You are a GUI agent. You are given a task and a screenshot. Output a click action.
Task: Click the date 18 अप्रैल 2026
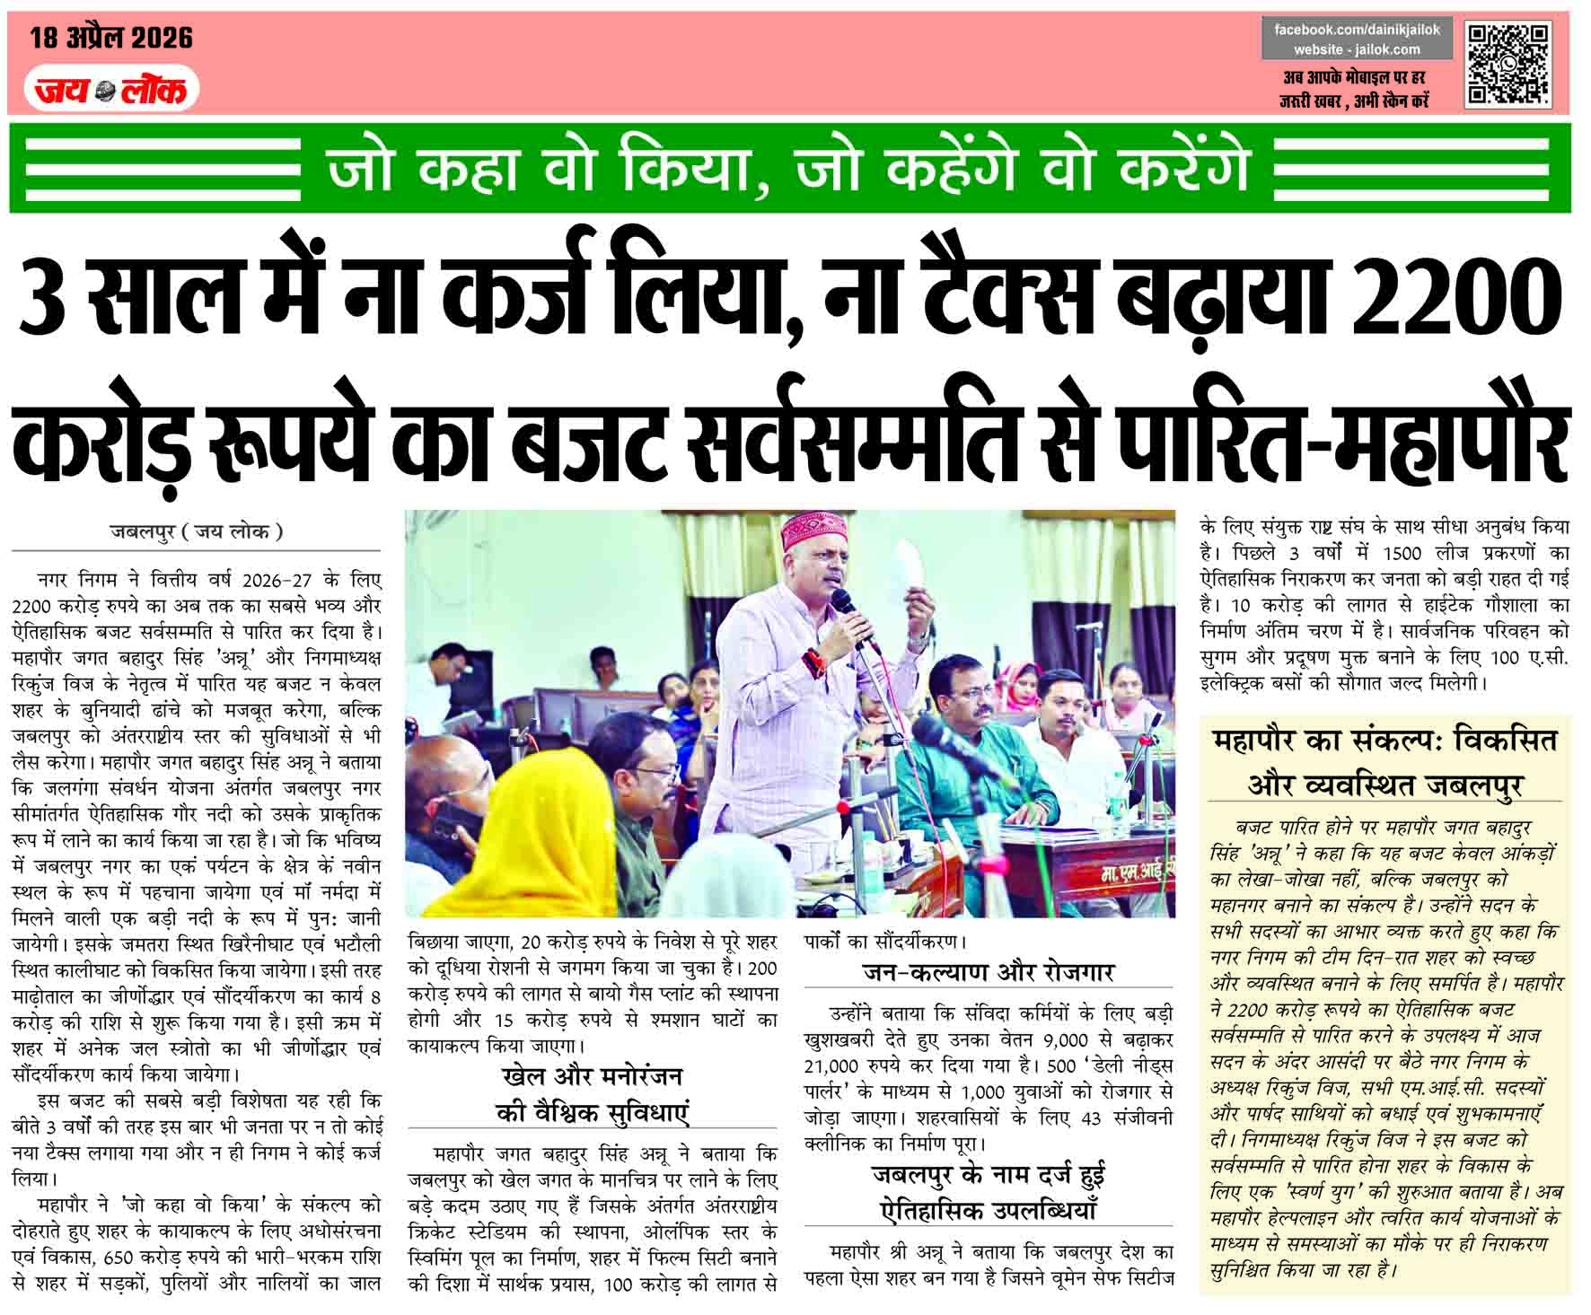coord(111,38)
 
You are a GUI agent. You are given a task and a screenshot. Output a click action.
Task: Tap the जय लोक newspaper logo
coord(111,90)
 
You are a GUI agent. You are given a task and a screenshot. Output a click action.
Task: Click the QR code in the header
coord(1508,65)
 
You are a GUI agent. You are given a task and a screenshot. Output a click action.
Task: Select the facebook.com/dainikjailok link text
coord(1357,30)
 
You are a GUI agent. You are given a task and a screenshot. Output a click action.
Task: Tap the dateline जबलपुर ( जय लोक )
coord(196,531)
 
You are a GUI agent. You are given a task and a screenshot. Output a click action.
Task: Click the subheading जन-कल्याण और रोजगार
coord(988,972)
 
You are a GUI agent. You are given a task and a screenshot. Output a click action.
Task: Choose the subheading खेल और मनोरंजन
coord(593,1076)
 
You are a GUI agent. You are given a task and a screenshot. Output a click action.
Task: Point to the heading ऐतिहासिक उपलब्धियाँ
coord(988,1210)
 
